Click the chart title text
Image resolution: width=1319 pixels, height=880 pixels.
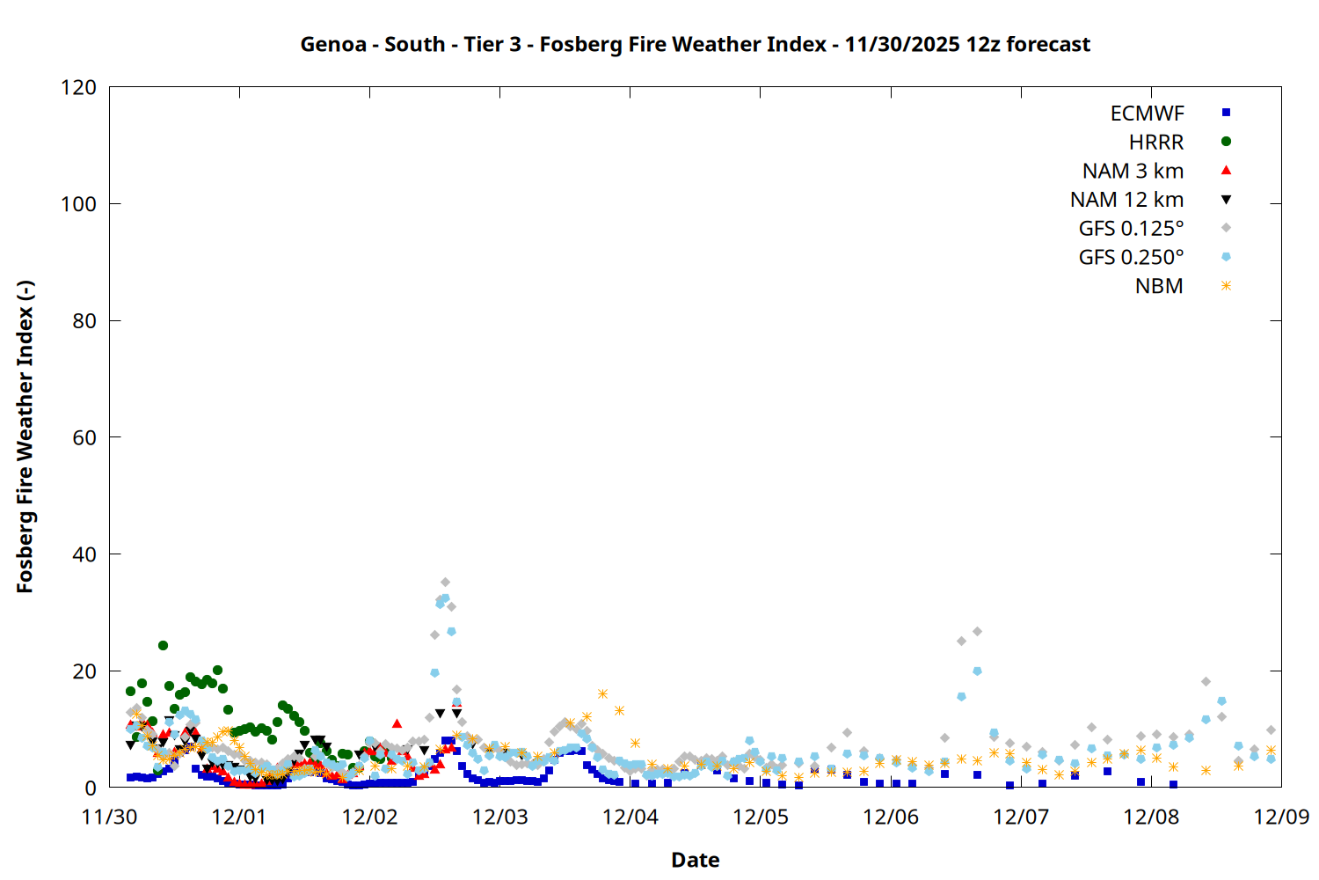tap(695, 44)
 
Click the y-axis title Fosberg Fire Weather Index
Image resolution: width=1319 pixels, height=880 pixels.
tap(25, 437)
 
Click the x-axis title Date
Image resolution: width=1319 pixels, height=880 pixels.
tap(695, 860)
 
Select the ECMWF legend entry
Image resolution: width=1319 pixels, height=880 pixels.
tap(1147, 114)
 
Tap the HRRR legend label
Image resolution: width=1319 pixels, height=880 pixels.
tap(1156, 143)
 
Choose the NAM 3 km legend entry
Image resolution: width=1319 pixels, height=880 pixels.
tap(1133, 171)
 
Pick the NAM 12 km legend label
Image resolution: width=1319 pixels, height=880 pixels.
tap(1126, 200)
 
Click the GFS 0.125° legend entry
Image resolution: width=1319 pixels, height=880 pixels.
tap(1131, 229)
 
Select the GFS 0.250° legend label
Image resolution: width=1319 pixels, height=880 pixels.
tap(1131, 258)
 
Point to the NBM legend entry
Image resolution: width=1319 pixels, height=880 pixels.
tap(1159, 286)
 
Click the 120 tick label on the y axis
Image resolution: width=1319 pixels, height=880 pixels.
tap(79, 88)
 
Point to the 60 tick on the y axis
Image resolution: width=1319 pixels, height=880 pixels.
tap(84, 437)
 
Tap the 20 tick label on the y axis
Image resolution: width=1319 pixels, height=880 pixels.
tap(84, 671)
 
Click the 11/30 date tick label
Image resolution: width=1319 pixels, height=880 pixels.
tap(109, 817)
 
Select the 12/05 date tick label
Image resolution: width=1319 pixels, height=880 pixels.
tap(761, 817)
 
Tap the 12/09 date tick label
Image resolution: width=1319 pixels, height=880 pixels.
tap(1281, 817)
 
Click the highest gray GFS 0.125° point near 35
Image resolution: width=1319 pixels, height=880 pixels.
tap(445, 583)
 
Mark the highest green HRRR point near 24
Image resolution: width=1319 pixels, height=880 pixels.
tap(163, 646)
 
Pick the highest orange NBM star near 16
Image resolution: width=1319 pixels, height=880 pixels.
tap(602, 694)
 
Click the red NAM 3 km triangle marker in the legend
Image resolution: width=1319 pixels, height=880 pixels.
tap(1226, 171)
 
